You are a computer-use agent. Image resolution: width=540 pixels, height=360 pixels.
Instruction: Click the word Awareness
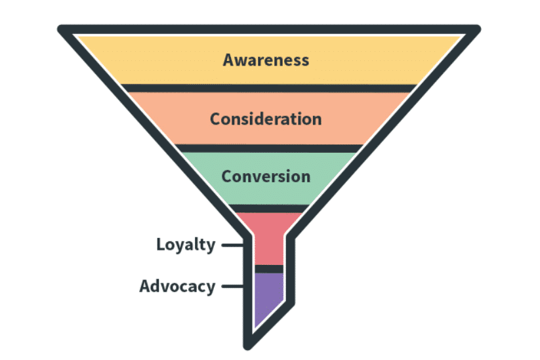pos(266,60)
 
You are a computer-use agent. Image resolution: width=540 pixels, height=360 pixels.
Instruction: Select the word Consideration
pos(266,119)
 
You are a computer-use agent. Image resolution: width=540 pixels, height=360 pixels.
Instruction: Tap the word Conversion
pos(266,176)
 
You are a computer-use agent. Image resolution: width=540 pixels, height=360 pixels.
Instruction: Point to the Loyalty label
pos(186,245)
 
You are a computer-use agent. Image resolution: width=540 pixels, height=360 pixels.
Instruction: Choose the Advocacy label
pos(177,287)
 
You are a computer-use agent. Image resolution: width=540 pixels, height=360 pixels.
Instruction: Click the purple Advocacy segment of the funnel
pos(268,298)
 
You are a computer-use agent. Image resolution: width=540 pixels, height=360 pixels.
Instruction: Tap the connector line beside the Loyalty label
pos(232,246)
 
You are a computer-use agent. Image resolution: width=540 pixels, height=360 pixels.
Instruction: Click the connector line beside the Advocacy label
pos(232,287)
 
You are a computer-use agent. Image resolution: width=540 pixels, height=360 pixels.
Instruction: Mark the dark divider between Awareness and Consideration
pos(269,88)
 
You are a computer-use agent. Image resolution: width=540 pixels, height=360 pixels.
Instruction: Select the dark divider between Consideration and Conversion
pos(269,148)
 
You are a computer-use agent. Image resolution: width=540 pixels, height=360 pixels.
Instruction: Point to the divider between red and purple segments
pos(268,269)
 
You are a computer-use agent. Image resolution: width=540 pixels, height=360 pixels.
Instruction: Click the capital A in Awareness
pos(228,60)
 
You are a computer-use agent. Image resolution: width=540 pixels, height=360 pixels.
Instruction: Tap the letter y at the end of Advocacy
pos(211,289)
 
